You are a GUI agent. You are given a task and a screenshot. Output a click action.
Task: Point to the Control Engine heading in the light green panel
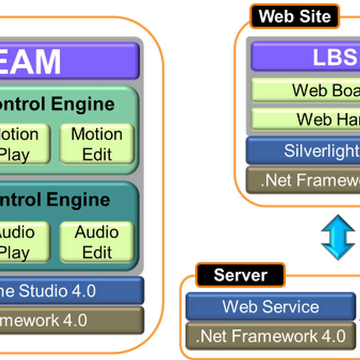coord(56,104)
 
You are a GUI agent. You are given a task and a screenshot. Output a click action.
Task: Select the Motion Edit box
coord(97,144)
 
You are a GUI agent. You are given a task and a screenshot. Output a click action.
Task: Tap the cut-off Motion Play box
coord(22,144)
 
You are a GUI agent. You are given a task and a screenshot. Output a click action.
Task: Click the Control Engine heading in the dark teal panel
coord(54,200)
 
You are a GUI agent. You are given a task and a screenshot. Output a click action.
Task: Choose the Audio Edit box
coord(97,242)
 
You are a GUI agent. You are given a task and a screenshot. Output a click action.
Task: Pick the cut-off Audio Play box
coord(22,242)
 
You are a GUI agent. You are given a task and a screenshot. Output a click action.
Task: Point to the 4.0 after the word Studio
coord(83,291)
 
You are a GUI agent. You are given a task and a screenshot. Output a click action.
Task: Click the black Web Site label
coord(295,17)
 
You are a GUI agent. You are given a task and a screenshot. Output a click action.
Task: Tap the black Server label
coord(240,275)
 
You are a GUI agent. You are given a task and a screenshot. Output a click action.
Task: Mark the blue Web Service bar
coord(270,306)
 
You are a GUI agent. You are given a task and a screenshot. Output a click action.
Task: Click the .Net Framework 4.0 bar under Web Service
coord(270,336)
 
